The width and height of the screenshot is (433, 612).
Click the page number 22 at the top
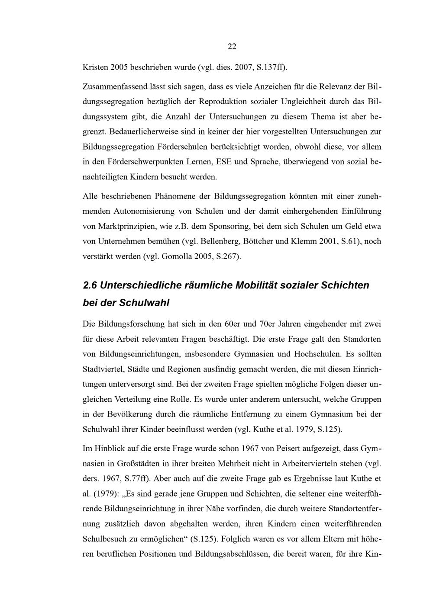(232, 47)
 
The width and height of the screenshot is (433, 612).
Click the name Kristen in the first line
(95, 67)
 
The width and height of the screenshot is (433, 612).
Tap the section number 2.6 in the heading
(90, 285)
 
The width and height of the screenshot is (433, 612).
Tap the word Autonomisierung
(145, 211)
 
